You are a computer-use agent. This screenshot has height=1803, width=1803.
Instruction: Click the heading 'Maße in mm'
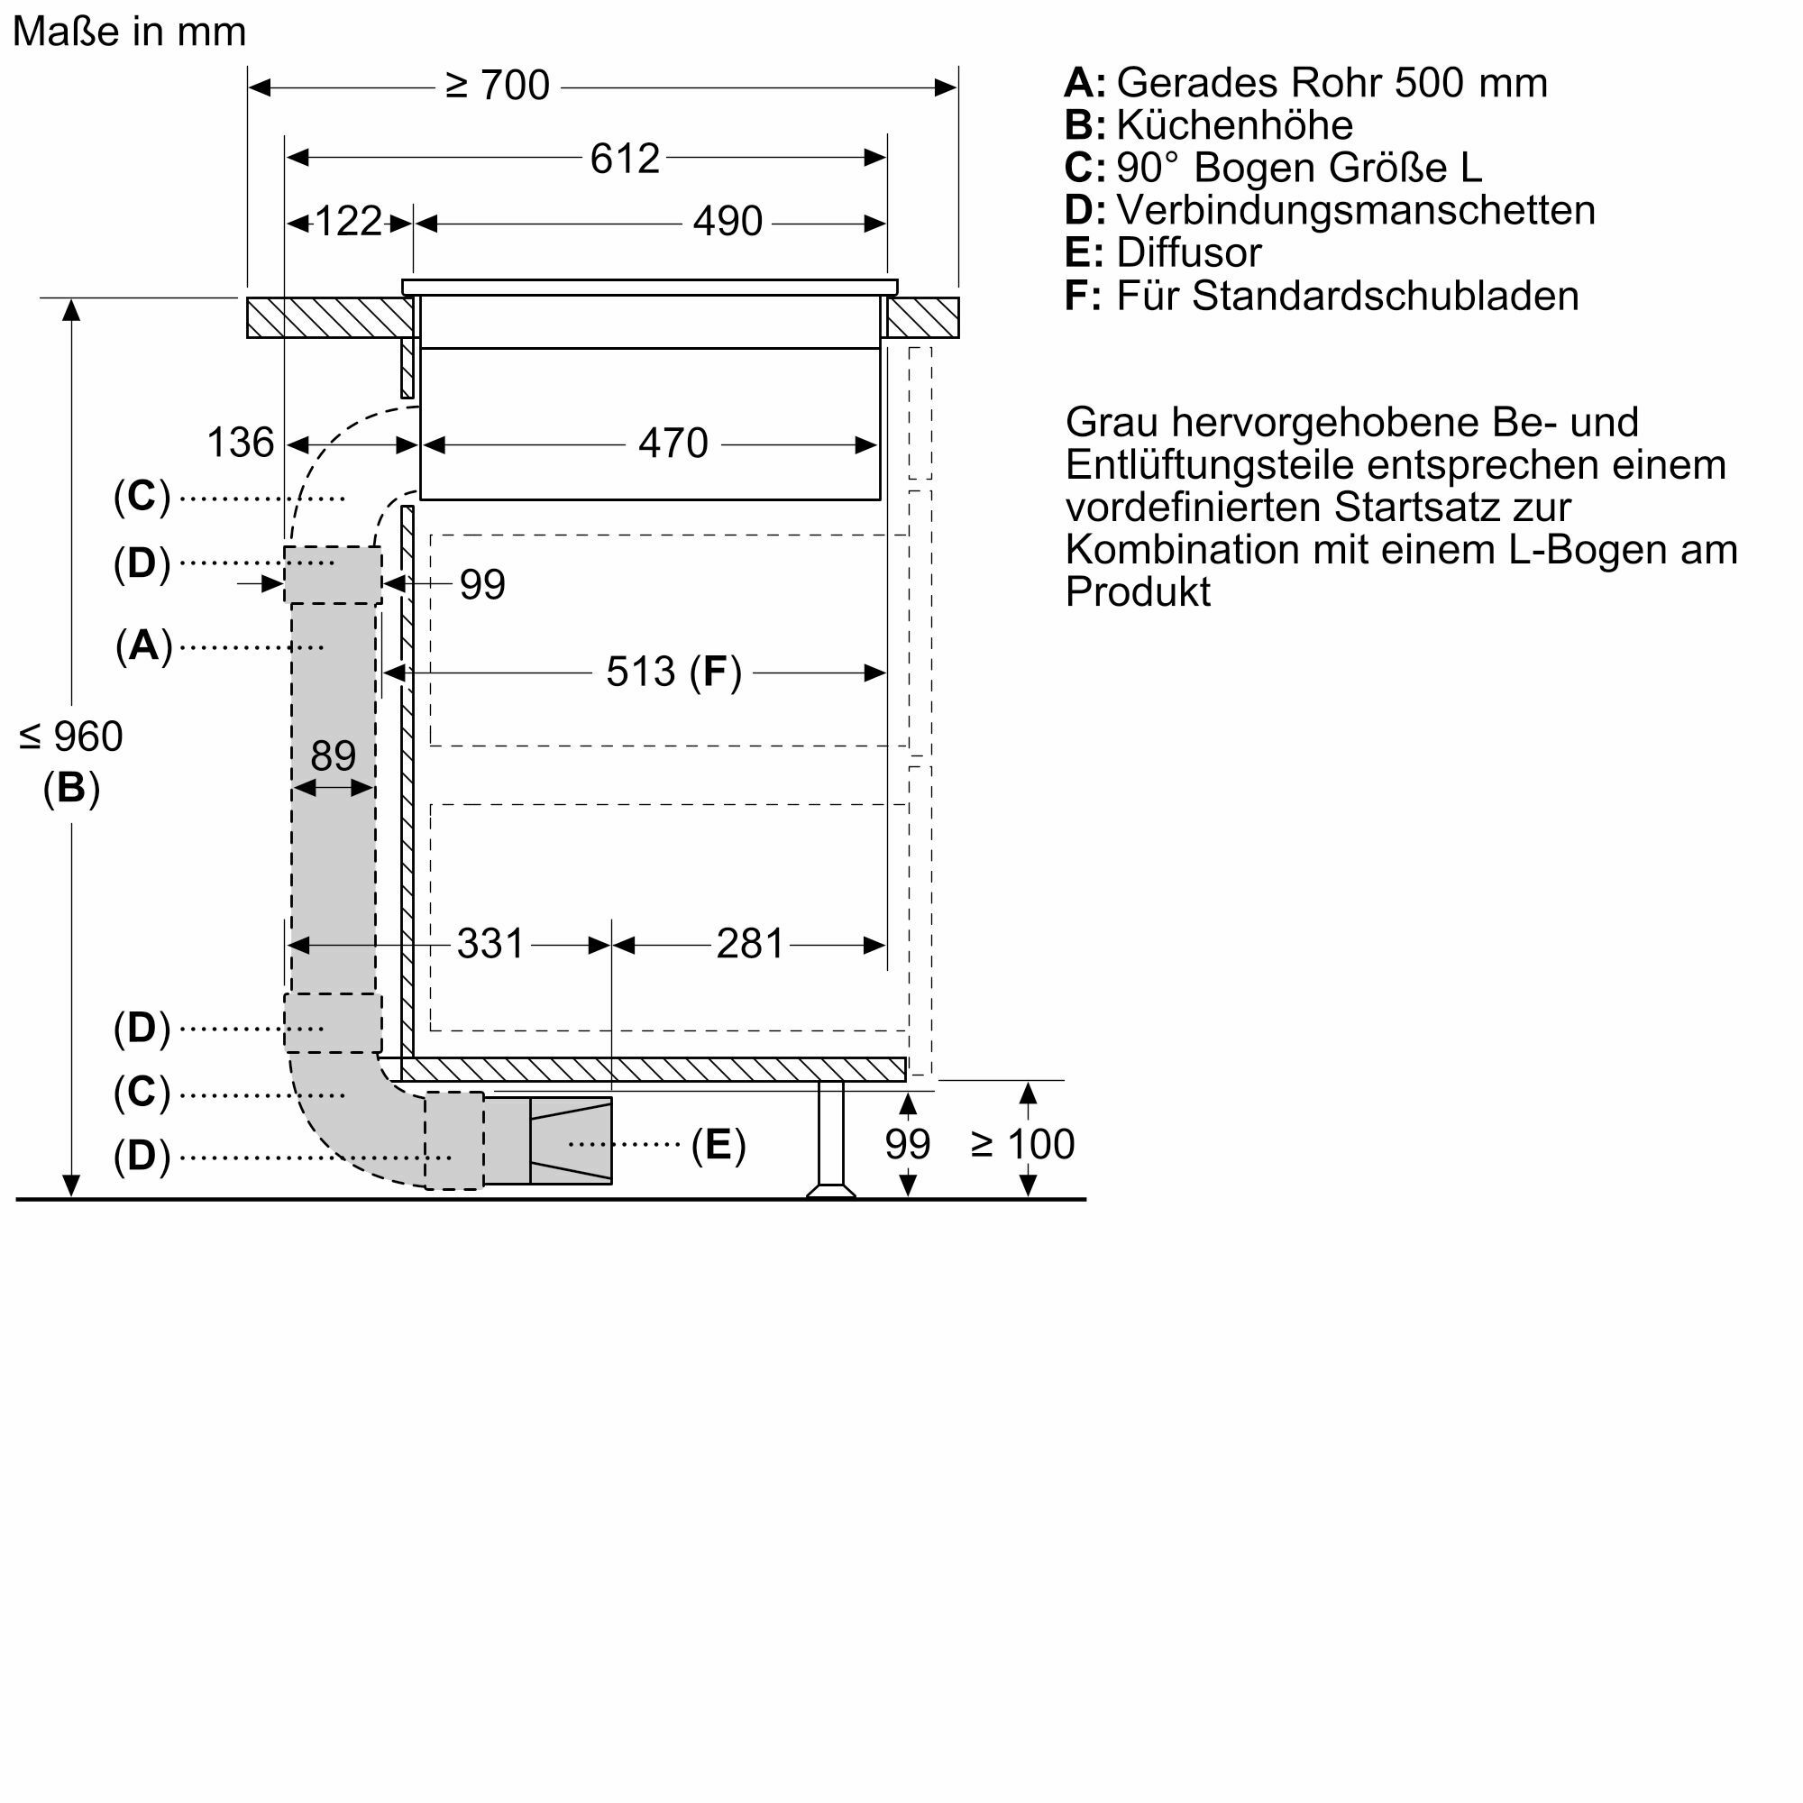(130, 32)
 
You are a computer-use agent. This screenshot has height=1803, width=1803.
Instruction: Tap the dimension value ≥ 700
(498, 86)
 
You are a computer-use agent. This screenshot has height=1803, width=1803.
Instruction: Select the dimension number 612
(625, 159)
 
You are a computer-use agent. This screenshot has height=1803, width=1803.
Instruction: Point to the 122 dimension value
(348, 222)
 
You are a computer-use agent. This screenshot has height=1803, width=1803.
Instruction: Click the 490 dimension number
(728, 221)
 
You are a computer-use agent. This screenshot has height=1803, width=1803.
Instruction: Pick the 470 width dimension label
(673, 444)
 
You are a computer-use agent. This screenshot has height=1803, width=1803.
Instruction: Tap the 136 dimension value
(240, 443)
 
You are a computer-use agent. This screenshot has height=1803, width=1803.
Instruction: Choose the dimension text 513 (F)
(673, 672)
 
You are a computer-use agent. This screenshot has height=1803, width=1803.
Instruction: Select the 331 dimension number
(491, 945)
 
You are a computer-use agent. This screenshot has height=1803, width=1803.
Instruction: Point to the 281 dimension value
(750, 945)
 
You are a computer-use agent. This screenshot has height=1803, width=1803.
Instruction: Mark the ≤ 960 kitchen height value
(71, 737)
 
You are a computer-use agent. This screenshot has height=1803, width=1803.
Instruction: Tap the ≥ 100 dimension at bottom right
(1023, 1144)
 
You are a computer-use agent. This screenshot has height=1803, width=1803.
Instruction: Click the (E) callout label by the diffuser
(718, 1145)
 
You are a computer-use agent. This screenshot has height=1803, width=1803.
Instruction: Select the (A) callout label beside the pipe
(143, 645)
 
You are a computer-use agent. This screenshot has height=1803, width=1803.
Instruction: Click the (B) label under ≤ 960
(71, 789)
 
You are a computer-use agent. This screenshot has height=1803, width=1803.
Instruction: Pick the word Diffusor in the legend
(1189, 253)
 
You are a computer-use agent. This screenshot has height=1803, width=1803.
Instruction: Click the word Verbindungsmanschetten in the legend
(1356, 210)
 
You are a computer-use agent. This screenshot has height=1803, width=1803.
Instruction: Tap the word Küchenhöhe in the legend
(1235, 125)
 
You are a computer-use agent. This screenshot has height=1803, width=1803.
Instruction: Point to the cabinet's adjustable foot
(830, 1139)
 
